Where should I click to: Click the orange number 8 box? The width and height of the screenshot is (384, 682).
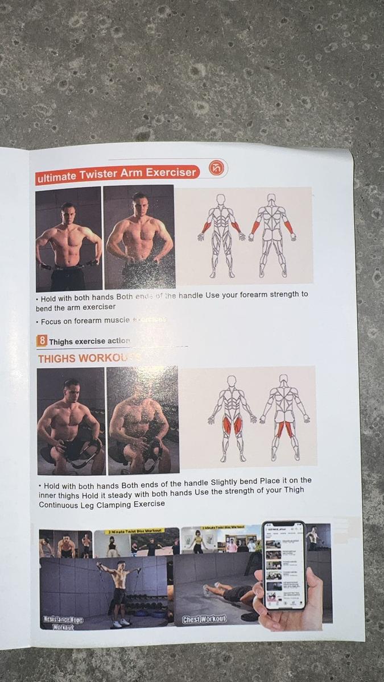[x=42, y=340]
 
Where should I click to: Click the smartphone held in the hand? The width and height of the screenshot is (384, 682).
[x=284, y=565]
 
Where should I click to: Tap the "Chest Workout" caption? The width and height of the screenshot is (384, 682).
[x=204, y=618]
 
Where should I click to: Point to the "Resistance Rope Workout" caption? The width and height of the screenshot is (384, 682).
[x=63, y=622]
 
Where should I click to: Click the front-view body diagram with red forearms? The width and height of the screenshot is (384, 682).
[x=221, y=235]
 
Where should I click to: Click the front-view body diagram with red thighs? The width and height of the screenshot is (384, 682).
[x=232, y=417]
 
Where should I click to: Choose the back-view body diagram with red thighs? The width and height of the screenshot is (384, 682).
[x=284, y=417]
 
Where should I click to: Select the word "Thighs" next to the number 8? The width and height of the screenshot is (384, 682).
[x=61, y=342]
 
